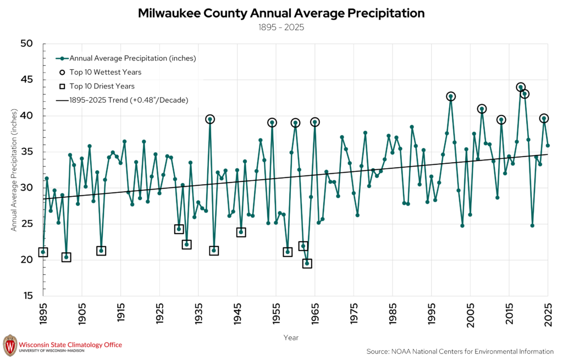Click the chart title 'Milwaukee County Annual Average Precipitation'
click(281, 13)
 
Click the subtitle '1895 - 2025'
click(281, 27)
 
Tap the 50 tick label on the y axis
click(26, 43)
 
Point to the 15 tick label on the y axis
click(27, 296)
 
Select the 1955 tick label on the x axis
click(276, 314)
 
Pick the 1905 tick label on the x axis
click(82, 314)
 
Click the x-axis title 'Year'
click(291, 338)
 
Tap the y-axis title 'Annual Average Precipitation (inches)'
click(14, 170)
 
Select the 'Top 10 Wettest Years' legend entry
click(101, 72)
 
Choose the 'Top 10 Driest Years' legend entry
click(97, 86)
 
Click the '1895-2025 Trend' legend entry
click(122, 100)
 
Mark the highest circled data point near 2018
click(521, 87)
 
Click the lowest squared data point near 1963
click(307, 263)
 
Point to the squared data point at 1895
click(43, 252)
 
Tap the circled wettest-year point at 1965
click(315, 123)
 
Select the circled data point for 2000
click(451, 97)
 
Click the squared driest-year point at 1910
click(101, 251)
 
